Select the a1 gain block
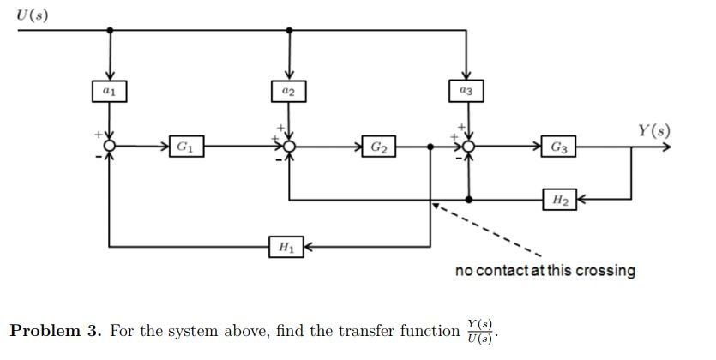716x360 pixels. pyautogui.click(x=109, y=90)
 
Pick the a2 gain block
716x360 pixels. pyautogui.click(x=288, y=90)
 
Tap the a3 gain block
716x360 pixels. pyautogui.click(x=466, y=90)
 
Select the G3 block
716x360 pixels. pyautogui.click(x=558, y=147)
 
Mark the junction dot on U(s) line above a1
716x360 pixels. pyautogui.click(x=110, y=30)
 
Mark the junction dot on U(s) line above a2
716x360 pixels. pyautogui.click(x=289, y=30)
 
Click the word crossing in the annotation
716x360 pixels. pyautogui.click(x=605, y=271)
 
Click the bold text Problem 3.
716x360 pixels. pyautogui.click(x=56, y=332)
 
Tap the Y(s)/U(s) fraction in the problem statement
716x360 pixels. pyautogui.click(x=480, y=331)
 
